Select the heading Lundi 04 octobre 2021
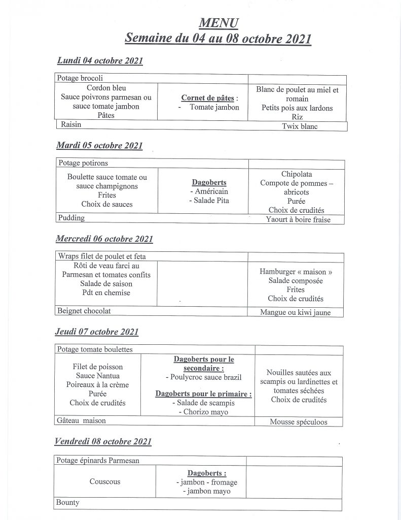click(x=100, y=61)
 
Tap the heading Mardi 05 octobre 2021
click(x=99, y=146)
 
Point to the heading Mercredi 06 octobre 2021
click(x=104, y=239)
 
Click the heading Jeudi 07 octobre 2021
click(x=97, y=332)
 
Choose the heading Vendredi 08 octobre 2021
click(x=103, y=442)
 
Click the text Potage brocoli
click(x=80, y=79)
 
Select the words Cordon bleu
click(x=106, y=88)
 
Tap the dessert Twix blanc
click(x=300, y=126)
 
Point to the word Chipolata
click(x=297, y=174)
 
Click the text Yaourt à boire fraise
click(x=298, y=220)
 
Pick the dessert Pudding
click(x=71, y=218)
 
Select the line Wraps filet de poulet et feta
click(x=102, y=256)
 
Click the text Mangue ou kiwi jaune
click(x=295, y=313)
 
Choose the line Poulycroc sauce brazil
click(x=204, y=377)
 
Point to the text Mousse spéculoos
click(x=299, y=422)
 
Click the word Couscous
click(x=105, y=481)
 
